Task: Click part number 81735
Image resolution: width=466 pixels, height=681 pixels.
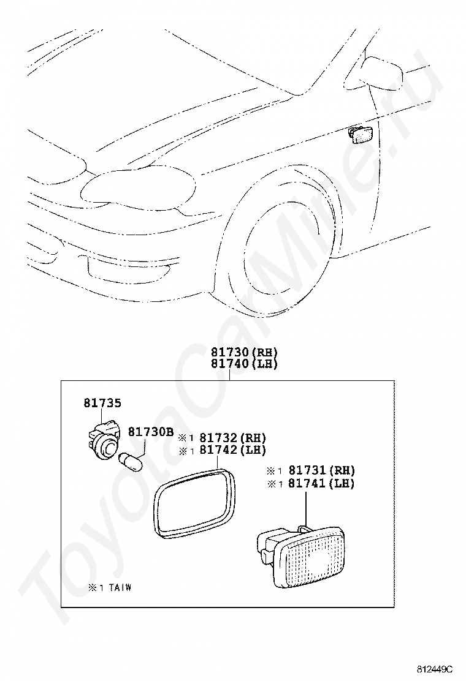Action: pyautogui.click(x=102, y=404)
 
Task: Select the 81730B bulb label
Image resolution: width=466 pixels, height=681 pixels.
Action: pyautogui.click(x=150, y=432)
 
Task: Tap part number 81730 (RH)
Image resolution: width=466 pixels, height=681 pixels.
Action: pyautogui.click(x=244, y=352)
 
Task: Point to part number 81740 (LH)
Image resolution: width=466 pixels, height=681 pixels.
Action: pyautogui.click(x=244, y=364)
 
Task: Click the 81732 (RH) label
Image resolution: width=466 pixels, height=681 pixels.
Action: pyautogui.click(x=232, y=438)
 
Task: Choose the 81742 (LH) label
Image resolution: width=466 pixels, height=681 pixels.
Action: pyautogui.click(x=232, y=450)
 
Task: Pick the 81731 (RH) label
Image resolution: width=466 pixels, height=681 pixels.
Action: pyautogui.click(x=322, y=470)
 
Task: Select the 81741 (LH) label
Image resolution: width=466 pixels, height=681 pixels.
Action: pyautogui.click(x=322, y=483)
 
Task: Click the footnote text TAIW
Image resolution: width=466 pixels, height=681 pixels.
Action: pyautogui.click(x=120, y=588)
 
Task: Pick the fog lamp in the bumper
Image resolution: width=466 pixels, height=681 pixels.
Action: pyautogui.click(x=126, y=267)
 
